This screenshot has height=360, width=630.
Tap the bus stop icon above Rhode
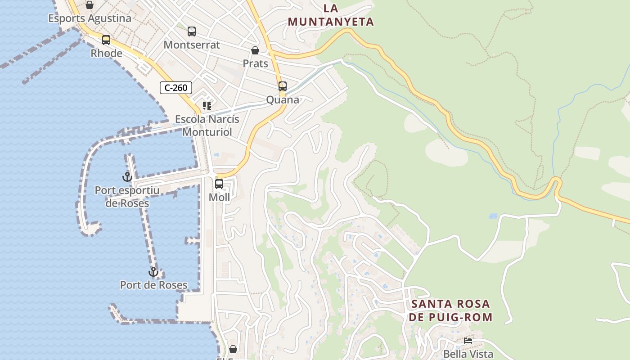(x=106, y=40)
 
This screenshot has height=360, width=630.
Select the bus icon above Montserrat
(x=192, y=31)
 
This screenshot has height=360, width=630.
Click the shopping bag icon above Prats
(x=255, y=50)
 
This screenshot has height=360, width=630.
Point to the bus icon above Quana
(x=283, y=86)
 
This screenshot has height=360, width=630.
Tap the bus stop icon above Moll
(x=219, y=184)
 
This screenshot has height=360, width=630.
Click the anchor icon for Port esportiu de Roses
(x=127, y=177)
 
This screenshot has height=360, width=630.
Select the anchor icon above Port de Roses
(x=153, y=272)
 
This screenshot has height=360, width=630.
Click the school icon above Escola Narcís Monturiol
(x=207, y=106)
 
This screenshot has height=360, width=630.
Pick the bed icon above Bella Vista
(x=468, y=341)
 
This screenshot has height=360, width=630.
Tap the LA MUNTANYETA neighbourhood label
(x=331, y=15)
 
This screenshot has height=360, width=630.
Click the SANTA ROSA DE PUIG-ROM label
(x=451, y=310)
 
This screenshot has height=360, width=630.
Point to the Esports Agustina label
(x=90, y=18)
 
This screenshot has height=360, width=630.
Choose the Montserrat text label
(x=192, y=45)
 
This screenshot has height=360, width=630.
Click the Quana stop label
(x=283, y=99)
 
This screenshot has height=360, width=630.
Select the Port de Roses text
(x=153, y=285)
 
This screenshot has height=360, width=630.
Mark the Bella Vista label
(x=468, y=354)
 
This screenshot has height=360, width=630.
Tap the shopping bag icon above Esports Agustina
(x=90, y=5)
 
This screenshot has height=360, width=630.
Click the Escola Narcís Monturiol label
(x=207, y=126)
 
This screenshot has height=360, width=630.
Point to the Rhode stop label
(x=106, y=53)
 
